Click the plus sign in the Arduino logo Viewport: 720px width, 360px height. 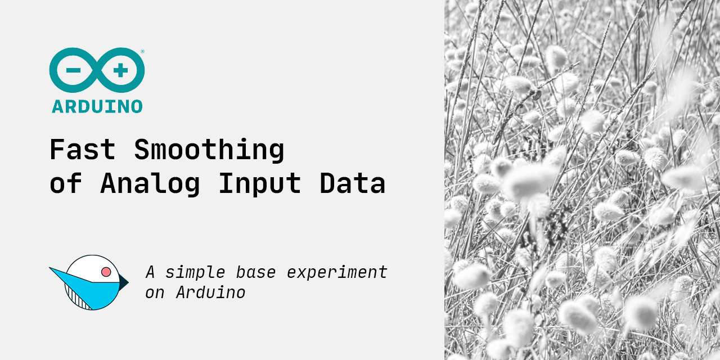[x=120, y=71]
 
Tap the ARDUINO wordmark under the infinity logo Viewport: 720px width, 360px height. [x=97, y=106]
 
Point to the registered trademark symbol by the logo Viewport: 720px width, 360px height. [x=142, y=52]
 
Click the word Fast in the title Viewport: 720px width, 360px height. [x=82, y=150]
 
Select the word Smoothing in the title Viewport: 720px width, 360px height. [x=209, y=150]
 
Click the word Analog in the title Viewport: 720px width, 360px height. [x=150, y=184]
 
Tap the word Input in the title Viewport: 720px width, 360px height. [x=259, y=184]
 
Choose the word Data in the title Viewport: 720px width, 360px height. [x=352, y=184]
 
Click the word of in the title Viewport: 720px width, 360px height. [x=65, y=184]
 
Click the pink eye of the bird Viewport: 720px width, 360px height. [x=106, y=272]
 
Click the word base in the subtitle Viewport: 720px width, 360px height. [x=255, y=272]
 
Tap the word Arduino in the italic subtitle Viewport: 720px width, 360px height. [x=210, y=292]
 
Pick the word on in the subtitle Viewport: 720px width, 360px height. [x=155, y=293]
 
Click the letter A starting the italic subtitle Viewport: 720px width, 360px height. [x=150, y=272]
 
